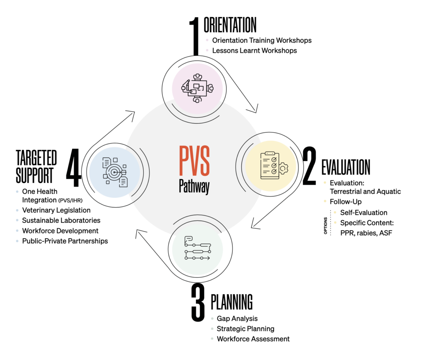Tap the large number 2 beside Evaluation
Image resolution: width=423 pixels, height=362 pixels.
pyautogui.click(x=310, y=166)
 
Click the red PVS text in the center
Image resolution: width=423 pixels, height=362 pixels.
pyautogui.click(x=194, y=160)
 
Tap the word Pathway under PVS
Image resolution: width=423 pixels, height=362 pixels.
pyautogui.click(x=194, y=185)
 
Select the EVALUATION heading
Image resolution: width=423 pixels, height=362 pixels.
pyautogui.click(x=346, y=167)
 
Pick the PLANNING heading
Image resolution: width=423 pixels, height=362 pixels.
pyautogui.click(x=232, y=303)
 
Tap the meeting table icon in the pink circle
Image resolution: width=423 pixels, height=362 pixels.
pyautogui.click(x=197, y=88)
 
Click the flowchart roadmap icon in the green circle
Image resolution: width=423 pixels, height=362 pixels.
pyautogui.click(x=197, y=248)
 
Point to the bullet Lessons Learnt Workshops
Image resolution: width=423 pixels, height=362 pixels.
pyautogui.click(x=254, y=51)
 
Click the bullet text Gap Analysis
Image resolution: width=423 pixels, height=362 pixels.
pyautogui.click(x=237, y=319)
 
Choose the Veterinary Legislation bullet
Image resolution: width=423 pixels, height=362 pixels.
pyautogui.click(x=56, y=210)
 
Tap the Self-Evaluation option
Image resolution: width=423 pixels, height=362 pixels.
pyautogui.click(x=364, y=213)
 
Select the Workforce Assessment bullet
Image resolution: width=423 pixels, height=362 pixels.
pyautogui.click(x=253, y=339)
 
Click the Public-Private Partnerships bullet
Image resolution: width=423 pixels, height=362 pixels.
pyautogui.click(x=65, y=241)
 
